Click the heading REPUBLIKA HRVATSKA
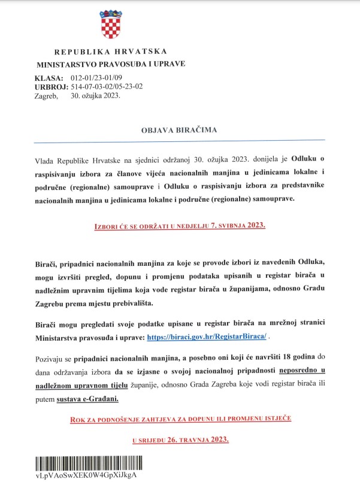(x=110, y=51)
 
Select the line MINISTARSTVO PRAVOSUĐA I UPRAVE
(x=111, y=63)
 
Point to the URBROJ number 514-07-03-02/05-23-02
(x=107, y=87)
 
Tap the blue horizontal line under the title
(x=180, y=141)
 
